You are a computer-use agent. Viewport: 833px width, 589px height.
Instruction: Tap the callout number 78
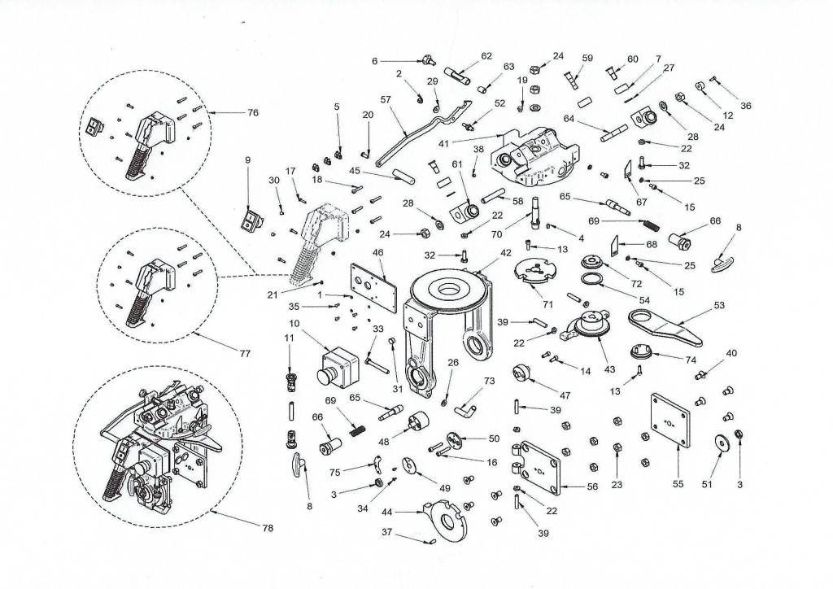tap(268, 529)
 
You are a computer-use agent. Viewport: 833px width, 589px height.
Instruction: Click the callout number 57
tap(386, 99)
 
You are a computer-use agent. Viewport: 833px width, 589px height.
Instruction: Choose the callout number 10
tap(294, 324)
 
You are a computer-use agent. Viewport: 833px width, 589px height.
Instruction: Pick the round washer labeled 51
tap(720, 444)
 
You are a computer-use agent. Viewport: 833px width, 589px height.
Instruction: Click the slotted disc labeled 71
tap(537, 271)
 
